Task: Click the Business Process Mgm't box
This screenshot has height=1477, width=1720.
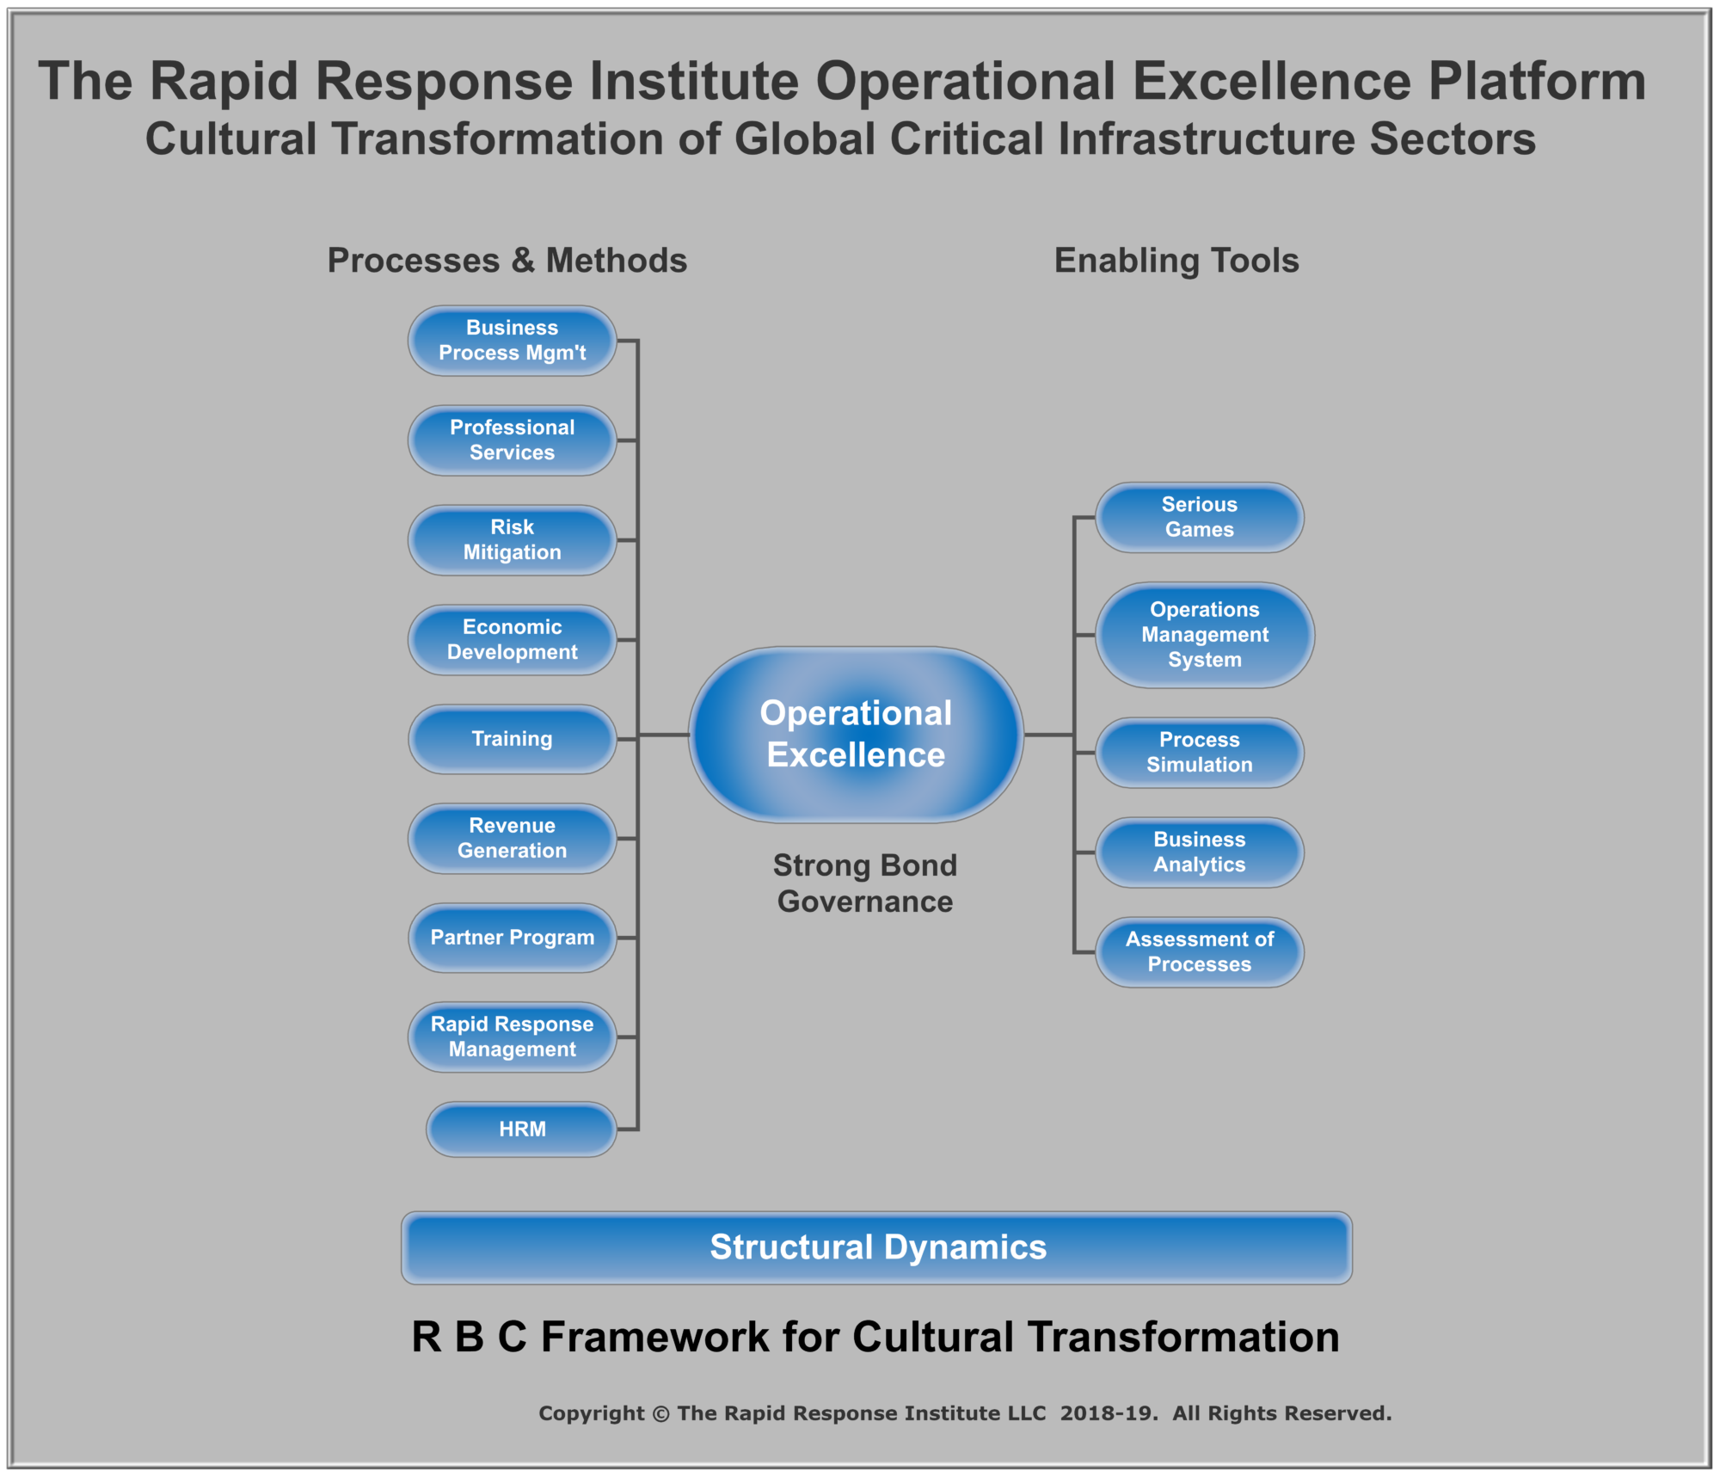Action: point(512,341)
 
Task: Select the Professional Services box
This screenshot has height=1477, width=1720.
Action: point(512,440)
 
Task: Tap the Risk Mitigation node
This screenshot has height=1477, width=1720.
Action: point(512,540)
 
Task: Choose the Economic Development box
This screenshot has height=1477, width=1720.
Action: point(512,640)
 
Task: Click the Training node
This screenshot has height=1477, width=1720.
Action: point(512,739)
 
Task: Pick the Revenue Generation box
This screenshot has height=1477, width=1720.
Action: point(512,839)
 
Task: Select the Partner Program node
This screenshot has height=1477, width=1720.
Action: point(512,938)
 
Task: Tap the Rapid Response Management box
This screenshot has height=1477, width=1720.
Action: point(512,1037)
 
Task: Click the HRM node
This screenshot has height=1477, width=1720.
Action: point(521,1129)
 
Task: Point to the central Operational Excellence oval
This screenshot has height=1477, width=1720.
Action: point(856,735)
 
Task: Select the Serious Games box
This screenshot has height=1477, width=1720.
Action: point(1199,517)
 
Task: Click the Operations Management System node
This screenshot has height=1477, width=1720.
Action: point(1204,635)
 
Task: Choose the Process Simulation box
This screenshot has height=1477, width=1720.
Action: point(1199,753)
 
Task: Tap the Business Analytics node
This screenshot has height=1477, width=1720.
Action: point(1199,852)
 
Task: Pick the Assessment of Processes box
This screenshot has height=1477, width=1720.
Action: point(1199,952)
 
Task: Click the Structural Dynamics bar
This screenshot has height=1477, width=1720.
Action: point(876,1248)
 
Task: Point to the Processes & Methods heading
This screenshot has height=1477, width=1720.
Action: point(507,261)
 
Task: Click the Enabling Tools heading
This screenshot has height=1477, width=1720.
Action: point(1176,261)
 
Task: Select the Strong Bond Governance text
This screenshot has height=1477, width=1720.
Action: point(865,883)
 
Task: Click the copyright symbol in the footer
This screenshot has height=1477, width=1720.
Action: point(660,1414)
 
